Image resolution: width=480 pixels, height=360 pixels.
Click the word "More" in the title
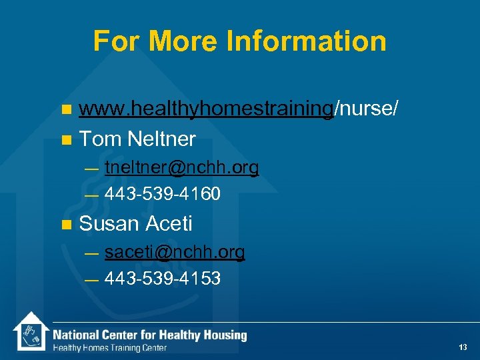pos(183,41)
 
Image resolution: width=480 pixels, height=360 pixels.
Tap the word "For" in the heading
pos(117,41)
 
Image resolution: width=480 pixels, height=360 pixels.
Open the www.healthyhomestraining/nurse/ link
pos(239,109)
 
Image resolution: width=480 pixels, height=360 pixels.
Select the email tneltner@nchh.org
pos(181,168)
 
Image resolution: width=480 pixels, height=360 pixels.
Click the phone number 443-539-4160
pos(162,195)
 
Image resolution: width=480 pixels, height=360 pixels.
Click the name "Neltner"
pos(162,139)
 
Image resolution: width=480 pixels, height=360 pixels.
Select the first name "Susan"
pos(109,224)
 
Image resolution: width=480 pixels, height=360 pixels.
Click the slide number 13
pos(463,347)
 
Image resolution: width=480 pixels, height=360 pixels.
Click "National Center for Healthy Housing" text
pos(150,335)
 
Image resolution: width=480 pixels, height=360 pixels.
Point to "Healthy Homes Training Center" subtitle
pos(110,348)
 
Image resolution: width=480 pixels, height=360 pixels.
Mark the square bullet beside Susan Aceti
pos(65,225)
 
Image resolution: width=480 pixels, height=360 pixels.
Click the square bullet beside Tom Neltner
pos(65,140)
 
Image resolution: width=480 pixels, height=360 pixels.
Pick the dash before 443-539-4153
pos(91,279)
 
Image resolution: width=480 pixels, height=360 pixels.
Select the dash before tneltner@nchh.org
pos(91,169)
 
